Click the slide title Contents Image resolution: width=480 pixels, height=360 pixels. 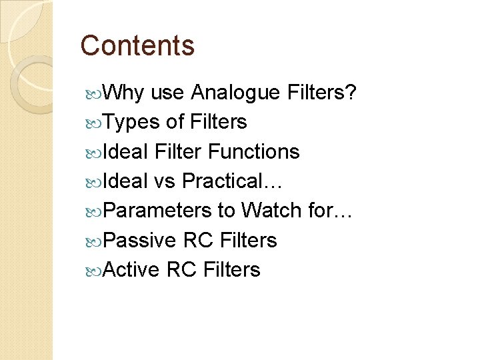(x=137, y=46)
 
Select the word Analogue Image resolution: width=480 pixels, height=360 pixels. (x=235, y=93)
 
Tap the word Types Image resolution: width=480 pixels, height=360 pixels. (x=132, y=123)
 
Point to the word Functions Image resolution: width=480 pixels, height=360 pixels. (x=254, y=152)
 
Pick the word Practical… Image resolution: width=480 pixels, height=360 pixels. (x=233, y=181)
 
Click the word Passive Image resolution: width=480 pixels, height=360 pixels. (x=140, y=240)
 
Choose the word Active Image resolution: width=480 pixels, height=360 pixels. (x=132, y=269)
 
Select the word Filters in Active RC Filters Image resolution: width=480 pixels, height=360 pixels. (x=231, y=269)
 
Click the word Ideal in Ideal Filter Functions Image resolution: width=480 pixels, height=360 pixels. (x=126, y=152)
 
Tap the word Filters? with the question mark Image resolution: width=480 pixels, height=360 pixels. (x=322, y=93)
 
